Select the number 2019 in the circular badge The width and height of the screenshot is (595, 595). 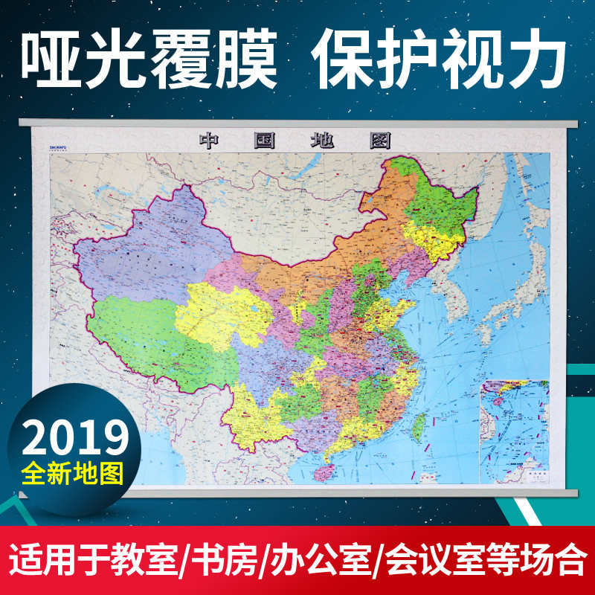74,437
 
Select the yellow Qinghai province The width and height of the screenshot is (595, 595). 223,312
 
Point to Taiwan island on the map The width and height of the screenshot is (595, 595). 419,425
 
